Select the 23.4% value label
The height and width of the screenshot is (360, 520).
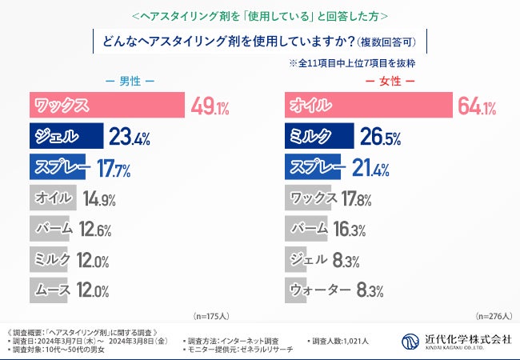point(130,138)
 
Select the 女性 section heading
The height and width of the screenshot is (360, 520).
point(390,82)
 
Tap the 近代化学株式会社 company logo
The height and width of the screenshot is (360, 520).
point(456,342)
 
